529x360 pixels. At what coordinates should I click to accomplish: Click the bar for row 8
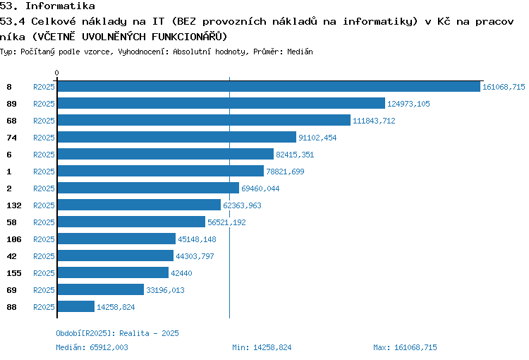point(269,86)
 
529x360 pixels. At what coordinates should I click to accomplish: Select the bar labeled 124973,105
point(221,103)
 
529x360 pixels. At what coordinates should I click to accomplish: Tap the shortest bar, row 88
point(76,306)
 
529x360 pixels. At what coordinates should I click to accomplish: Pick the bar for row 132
point(139,205)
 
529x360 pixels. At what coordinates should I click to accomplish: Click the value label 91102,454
point(317,138)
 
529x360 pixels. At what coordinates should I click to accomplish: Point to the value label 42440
point(181,273)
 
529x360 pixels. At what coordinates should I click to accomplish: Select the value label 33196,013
point(165,290)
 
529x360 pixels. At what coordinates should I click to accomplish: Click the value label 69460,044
point(260,188)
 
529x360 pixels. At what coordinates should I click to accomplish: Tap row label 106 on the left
point(14,239)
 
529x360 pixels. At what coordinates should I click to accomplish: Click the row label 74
point(11,138)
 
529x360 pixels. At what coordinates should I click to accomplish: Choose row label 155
point(14,273)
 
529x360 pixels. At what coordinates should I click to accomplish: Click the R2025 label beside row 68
point(44,121)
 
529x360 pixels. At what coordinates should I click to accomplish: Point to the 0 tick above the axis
point(56,73)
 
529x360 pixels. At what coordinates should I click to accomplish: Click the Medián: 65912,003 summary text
point(92,347)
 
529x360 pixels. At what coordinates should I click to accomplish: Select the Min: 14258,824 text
point(262,347)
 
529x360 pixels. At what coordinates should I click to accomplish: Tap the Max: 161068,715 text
point(405,347)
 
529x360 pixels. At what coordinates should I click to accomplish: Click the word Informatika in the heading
point(60,6)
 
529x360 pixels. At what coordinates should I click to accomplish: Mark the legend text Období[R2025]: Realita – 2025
point(117,333)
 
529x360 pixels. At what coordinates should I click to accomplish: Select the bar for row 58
point(131,222)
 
